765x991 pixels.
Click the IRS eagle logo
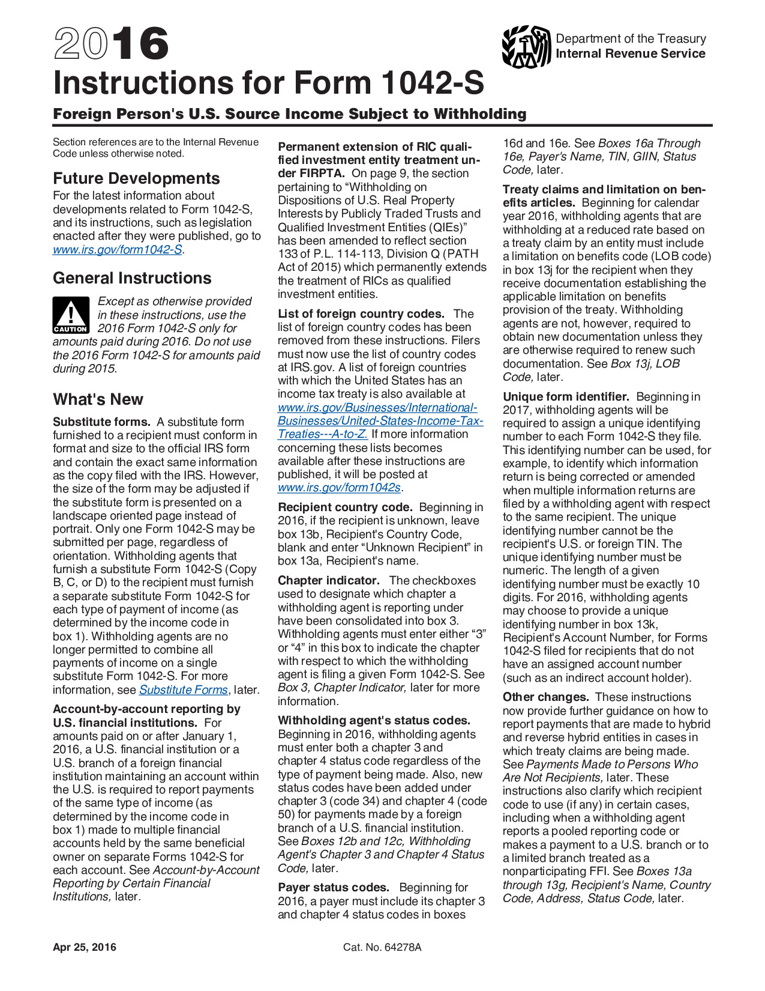[x=526, y=46]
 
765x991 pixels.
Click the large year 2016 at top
[x=111, y=44]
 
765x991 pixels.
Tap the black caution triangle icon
[x=71, y=315]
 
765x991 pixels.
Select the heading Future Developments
[x=136, y=178]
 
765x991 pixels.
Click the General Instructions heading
[x=132, y=278]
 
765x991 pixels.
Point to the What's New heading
[x=98, y=399]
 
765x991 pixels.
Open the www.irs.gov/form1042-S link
[x=118, y=249]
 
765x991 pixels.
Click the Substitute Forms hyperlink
[x=183, y=690]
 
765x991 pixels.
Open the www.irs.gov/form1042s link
[x=339, y=487]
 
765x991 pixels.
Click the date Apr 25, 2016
[x=85, y=947]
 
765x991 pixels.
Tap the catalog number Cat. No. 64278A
[x=382, y=947]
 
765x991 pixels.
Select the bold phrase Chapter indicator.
[x=328, y=581]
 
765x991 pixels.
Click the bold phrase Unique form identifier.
[x=565, y=397]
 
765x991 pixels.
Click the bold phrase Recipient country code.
[x=344, y=508]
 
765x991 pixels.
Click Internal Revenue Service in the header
[x=630, y=53]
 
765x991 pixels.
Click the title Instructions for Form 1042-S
[x=268, y=83]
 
